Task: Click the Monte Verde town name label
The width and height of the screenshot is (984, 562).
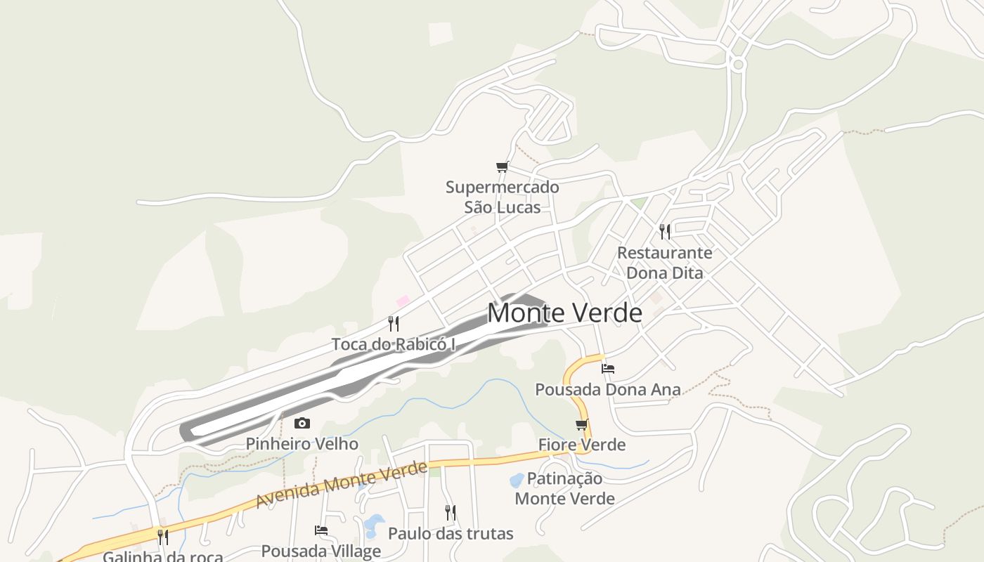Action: pos(564,313)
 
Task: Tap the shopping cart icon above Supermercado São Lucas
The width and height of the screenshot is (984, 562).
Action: pos(502,167)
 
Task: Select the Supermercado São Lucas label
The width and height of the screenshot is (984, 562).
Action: pos(503,197)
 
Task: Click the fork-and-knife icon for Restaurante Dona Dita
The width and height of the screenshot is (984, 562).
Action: pos(664,231)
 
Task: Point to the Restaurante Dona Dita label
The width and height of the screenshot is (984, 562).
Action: pos(664,263)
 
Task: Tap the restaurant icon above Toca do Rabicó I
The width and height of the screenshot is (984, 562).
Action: pos(394,324)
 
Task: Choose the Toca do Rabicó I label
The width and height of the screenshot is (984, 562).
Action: pos(394,344)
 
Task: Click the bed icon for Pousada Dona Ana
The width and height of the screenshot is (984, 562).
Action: pos(608,368)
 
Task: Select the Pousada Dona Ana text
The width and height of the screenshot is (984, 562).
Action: pos(608,389)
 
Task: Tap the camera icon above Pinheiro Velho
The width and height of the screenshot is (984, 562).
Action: pos(302,423)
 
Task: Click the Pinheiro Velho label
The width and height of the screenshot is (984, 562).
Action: pos(302,444)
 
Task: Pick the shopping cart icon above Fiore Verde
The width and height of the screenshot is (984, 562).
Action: pos(581,424)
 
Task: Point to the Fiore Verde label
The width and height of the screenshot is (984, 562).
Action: pos(581,445)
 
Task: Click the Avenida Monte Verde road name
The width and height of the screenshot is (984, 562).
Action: pos(342,485)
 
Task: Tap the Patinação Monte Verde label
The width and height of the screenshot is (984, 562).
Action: pos(564,488)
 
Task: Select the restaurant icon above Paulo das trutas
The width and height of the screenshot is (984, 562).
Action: pos(450,513)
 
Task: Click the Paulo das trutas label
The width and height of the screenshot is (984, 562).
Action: pos(451,534)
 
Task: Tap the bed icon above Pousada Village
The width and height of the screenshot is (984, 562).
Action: pos(321,530)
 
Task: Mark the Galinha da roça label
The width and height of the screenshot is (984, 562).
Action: pos(162,557)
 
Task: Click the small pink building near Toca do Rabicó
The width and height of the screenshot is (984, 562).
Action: pos(403,301)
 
